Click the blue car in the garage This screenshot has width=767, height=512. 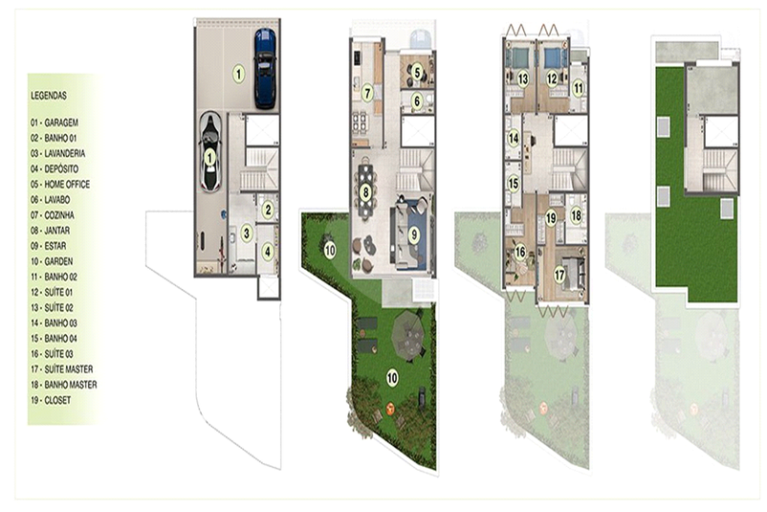point(265,69)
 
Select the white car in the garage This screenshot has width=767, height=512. point(209,152)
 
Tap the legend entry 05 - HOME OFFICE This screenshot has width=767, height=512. point(60,185)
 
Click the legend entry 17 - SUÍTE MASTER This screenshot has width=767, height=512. point(61,369)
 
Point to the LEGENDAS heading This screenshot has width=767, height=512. point(49,96)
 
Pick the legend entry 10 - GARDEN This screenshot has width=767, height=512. point(52,261)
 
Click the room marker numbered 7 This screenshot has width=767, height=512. point(367,93)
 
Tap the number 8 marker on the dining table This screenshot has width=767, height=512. point(365,191)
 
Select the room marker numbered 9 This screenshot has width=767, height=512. point(414,235)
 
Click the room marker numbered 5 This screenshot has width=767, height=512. point(417,73)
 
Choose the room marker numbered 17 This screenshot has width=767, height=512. point(559,275)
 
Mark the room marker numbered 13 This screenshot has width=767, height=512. point(523,78)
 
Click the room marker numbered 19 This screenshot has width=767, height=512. point(551,218)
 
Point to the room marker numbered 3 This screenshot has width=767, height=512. point(247,234)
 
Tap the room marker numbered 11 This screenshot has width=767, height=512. point(579,89)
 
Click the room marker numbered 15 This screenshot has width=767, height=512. point(514,184)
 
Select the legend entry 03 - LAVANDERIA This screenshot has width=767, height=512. point(57,154)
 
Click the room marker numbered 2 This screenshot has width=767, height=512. point(267,210)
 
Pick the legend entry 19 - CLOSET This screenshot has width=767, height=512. point(51,400)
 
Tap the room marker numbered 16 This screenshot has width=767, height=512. point(520,252)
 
